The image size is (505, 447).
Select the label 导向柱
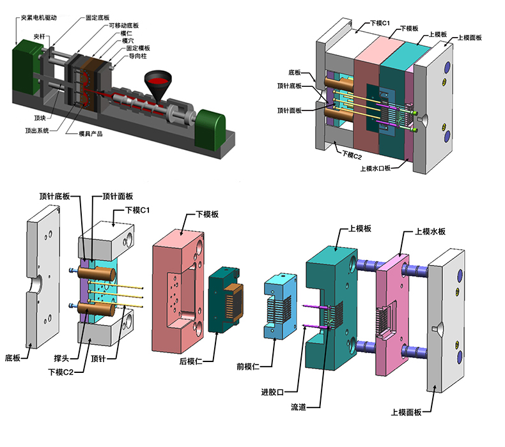(140, 56)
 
